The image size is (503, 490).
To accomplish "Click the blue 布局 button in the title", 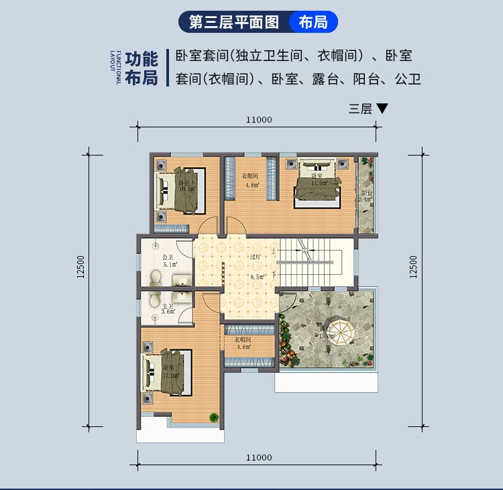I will (313, 21).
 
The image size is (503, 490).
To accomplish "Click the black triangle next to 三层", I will (382, 108).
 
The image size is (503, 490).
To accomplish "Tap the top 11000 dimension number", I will (258, 120).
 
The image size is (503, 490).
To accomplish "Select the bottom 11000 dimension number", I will (258, 458).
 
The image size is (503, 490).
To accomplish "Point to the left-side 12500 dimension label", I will (80, 266).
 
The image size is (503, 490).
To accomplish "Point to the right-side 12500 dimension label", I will (413, 266).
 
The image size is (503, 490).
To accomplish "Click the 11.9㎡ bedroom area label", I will (318, 182).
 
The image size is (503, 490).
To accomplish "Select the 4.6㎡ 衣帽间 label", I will (242, 343).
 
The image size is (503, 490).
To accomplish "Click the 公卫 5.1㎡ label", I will (166, 260).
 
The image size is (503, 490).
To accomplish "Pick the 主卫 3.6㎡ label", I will (167, 309).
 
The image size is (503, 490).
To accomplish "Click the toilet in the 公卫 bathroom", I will (156, 277).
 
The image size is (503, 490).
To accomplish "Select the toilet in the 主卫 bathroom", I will (154, 300).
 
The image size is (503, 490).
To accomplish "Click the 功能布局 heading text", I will (142, 68).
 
